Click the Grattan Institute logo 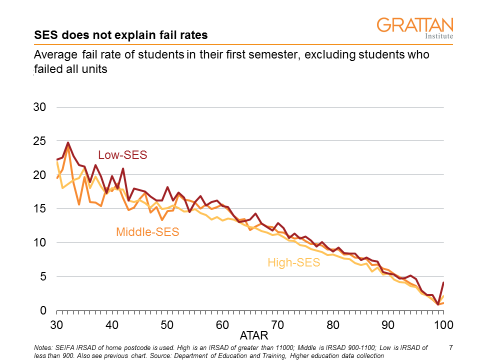(x=414, y=28)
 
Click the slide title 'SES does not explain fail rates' (x=120, y=35)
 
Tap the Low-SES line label (x=122, y=155)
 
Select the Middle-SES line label (x=147, y=232)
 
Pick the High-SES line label (x=294, y=262)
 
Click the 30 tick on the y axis (x=40, y=107)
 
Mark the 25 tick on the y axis (x=40, y=141)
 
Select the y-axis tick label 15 (x=40, y=209)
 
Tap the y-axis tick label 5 (x=43, y=277)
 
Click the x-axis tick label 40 (x=112, y=325)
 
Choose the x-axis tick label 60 (x=222, y=325)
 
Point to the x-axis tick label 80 (x=333, y=325)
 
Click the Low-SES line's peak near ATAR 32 (x=68, y=143)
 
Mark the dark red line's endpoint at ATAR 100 (x=443, y=282)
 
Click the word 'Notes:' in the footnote (x=43, y=347)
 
